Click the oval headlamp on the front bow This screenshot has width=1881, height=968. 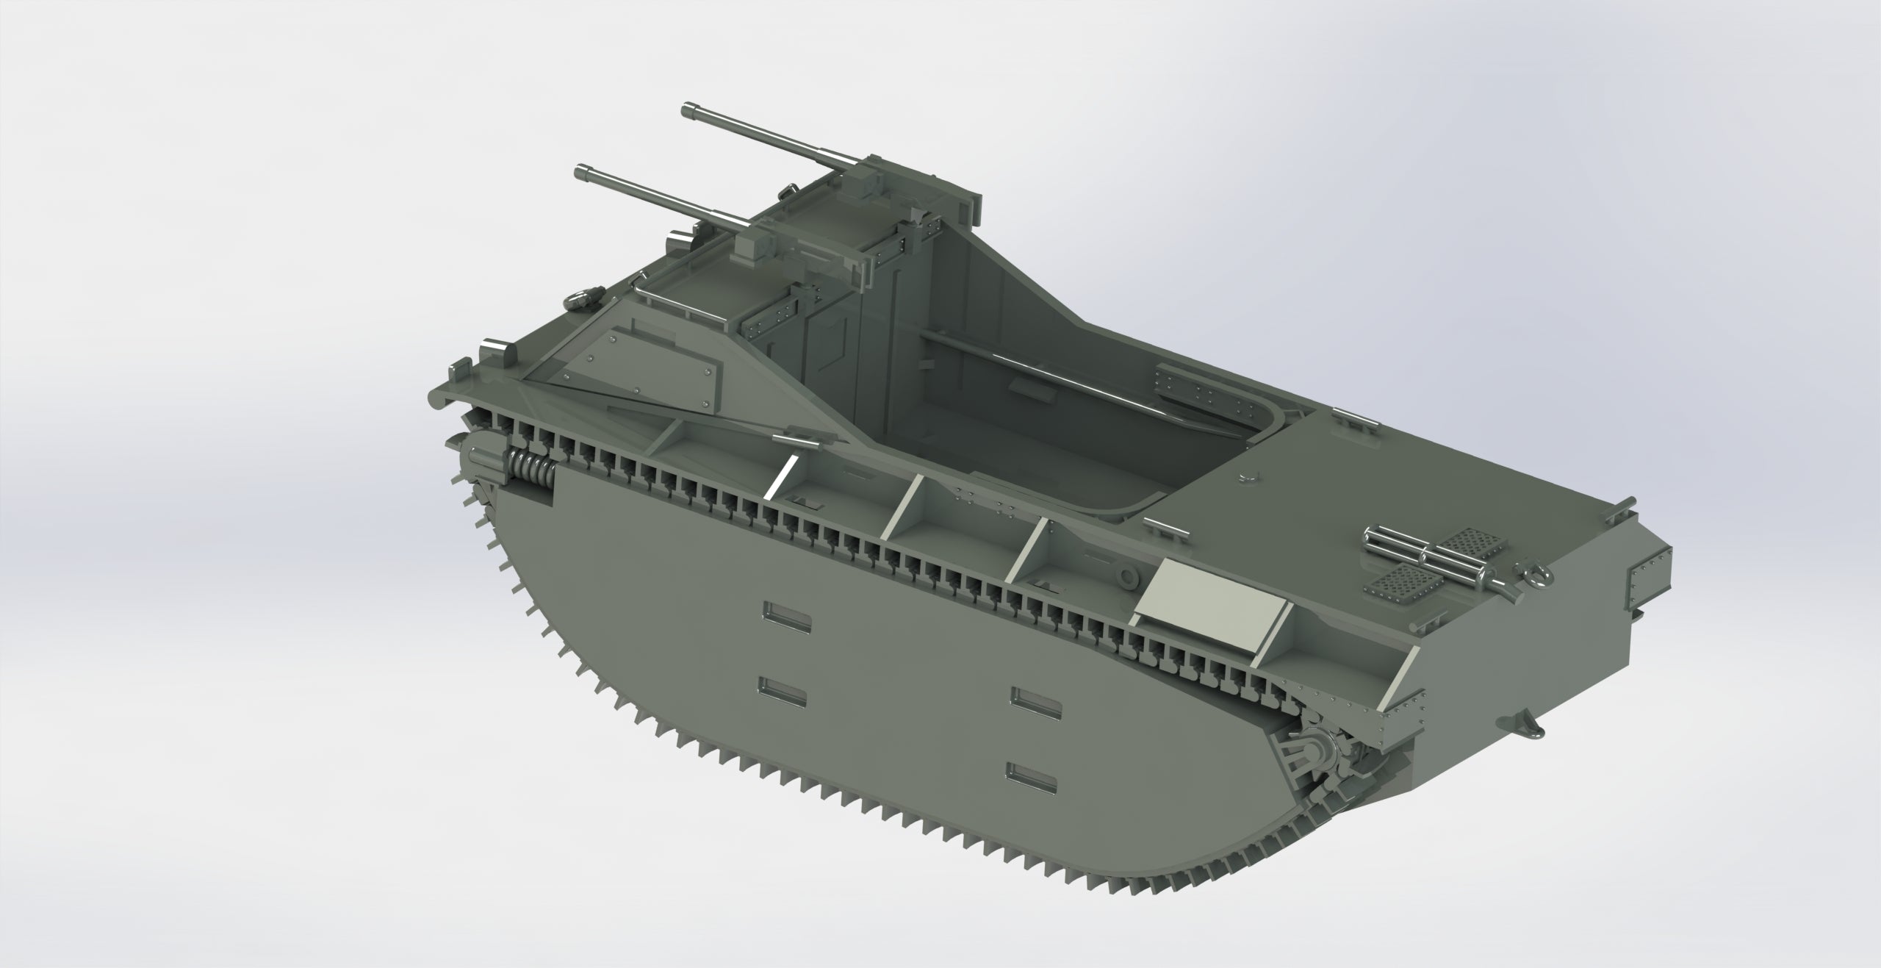pos(581,301)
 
